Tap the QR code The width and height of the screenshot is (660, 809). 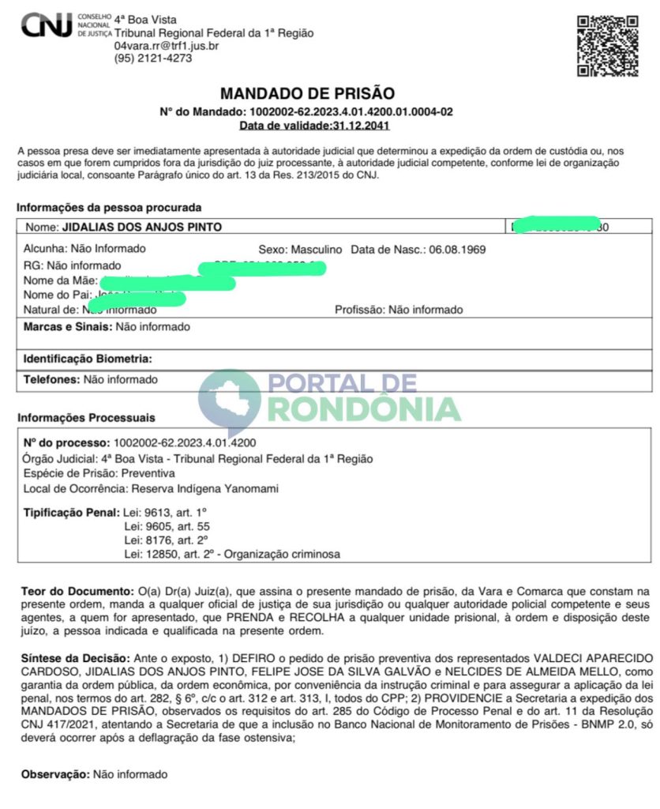tap(607, 45)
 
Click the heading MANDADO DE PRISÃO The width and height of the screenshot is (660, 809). tap(307, 94)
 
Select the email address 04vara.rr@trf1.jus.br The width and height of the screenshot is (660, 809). tap(167, 46)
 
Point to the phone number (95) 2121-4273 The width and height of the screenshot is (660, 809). tap(153, 58)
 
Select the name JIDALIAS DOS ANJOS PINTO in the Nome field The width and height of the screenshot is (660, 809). tap(141, 227)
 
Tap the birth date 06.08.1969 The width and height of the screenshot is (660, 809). tap(457, 249)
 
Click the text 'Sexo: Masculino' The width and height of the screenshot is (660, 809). tap(300, 249)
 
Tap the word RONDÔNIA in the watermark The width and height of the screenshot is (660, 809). tap(364, 408)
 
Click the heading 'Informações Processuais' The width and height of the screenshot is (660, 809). tap(86, 417)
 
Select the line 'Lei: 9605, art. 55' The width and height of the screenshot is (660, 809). tap(166, 526)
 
